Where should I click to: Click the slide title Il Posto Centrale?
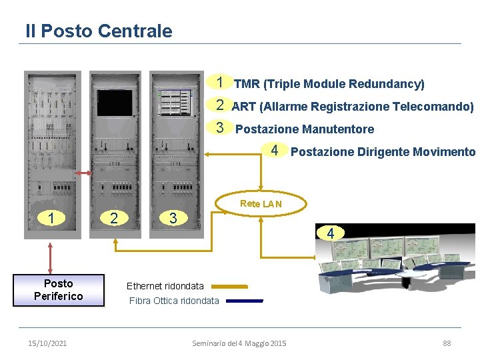click(x=99, y=31)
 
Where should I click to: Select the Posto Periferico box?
click(x=59, y=290)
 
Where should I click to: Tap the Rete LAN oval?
click(x=261, y=204)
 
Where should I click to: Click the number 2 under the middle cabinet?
click(x=114, y=218)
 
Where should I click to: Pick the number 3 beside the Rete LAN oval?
click(x=172, y=218)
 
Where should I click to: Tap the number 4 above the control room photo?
click(x=330, y=233)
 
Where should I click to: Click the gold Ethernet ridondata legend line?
click(x=229, y=286)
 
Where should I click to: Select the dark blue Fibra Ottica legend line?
click(x=245, y=301)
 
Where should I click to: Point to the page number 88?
click(x=447, y=343)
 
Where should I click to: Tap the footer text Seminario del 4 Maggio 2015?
click(x=239, y=343)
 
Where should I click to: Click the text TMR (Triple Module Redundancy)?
click(x=329, y=84)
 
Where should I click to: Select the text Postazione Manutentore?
click(x=305, y=129)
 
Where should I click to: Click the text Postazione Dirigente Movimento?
click(x=383, y=152)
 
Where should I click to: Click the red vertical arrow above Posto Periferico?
click(x=51, y=257)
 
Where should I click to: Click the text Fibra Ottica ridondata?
click(x=173, y=301)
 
